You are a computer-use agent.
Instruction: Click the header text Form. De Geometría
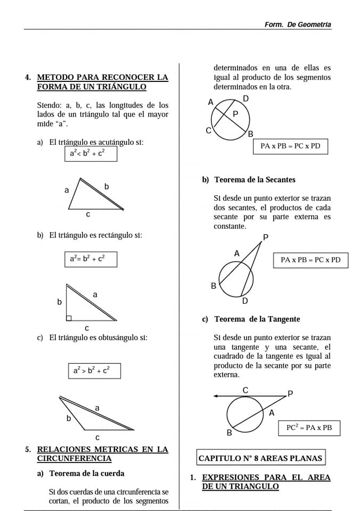coord(298,24)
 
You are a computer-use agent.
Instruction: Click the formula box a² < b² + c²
coord(91,153)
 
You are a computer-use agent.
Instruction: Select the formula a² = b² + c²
coord(91,259)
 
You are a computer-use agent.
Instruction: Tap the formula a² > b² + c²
coord(94,370)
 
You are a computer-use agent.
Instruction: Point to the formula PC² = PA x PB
coord(309,428)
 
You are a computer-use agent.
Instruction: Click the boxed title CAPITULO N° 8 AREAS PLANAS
coord(260,458)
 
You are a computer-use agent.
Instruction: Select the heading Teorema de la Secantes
coord(255,180)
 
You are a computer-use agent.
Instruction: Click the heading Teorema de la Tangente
coord(257,319)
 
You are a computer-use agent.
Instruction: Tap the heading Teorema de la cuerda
coord(87,473)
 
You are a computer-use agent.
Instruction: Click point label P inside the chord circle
coord(235,114)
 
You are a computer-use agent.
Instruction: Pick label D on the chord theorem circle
coord(246,98)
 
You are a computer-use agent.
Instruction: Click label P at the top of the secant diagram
coord(266,237)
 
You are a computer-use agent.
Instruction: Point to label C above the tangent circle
coord(245,390)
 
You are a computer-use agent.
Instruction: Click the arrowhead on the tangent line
coord(215,396)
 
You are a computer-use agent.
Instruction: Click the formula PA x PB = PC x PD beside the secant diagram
coord(310,260)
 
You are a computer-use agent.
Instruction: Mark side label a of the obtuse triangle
coord(97,408)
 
